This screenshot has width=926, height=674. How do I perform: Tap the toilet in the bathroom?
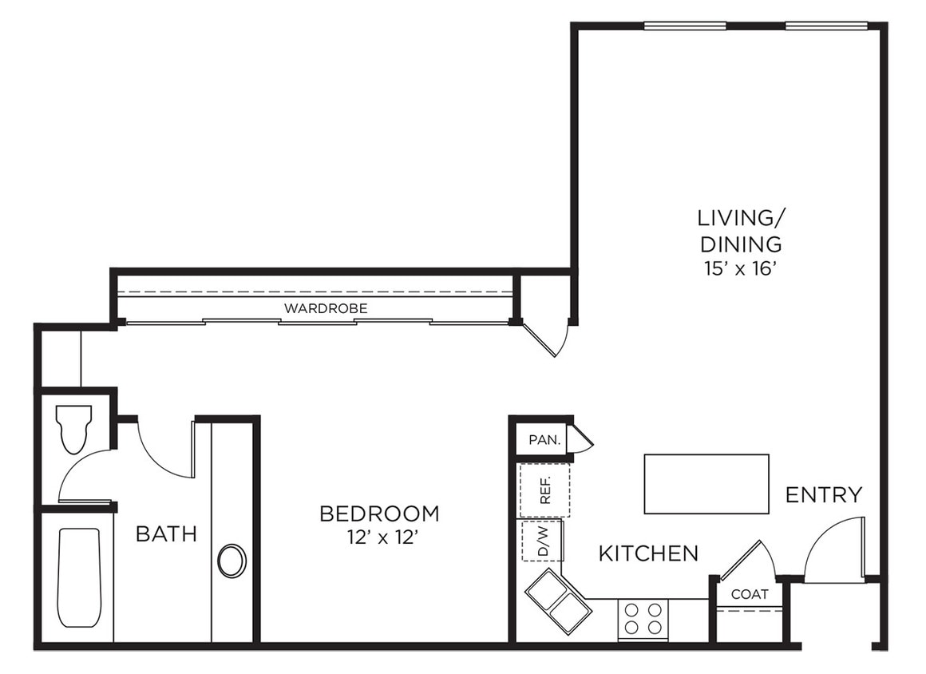pos(73,427)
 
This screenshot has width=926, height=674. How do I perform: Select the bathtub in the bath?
pos(79,577)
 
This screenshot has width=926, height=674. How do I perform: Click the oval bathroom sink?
pos(232,561)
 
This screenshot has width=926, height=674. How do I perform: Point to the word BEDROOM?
pos(379,513)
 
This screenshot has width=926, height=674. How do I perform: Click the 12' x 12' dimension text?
pos(379,537)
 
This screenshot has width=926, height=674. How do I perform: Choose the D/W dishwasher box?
pos(543,541)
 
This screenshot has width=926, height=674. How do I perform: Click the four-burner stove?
pos(643,619)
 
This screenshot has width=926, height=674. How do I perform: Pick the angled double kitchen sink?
pos(558,601)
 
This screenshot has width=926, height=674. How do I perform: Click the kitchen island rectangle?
pos(706,484)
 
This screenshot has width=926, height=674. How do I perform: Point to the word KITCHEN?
pos(648,553)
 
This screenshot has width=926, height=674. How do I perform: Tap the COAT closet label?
pos(750,594)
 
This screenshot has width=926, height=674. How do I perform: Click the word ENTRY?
pos(824,495)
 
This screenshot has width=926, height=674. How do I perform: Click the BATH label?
pos(166,533)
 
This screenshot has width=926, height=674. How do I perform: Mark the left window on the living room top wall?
pos(685,26)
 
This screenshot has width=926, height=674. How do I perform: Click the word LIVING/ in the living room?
pos(737,217)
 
